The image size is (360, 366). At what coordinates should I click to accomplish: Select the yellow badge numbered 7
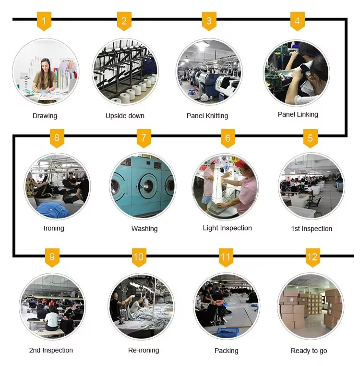(144, 139)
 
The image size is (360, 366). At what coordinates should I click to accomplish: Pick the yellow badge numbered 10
(138, 257)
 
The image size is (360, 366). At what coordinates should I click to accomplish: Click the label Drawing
(45, 116)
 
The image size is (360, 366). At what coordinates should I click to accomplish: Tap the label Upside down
(125, 116)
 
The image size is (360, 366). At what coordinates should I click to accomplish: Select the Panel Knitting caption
(207, 116)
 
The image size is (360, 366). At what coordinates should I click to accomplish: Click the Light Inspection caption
(227, 228)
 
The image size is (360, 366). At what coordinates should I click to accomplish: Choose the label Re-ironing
(143, 350)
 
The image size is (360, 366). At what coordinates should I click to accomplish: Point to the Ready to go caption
(309, 351)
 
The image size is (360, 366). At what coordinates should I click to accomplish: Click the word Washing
(144, 229)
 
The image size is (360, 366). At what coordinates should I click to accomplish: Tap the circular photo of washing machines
(143, 186)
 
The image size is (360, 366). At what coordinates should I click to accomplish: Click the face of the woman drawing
(45, 65)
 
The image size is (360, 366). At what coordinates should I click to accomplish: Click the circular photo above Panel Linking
(297, 73)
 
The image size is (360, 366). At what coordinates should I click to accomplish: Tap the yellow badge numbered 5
(310, 139)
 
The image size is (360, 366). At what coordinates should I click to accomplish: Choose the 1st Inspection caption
(312, 229)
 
